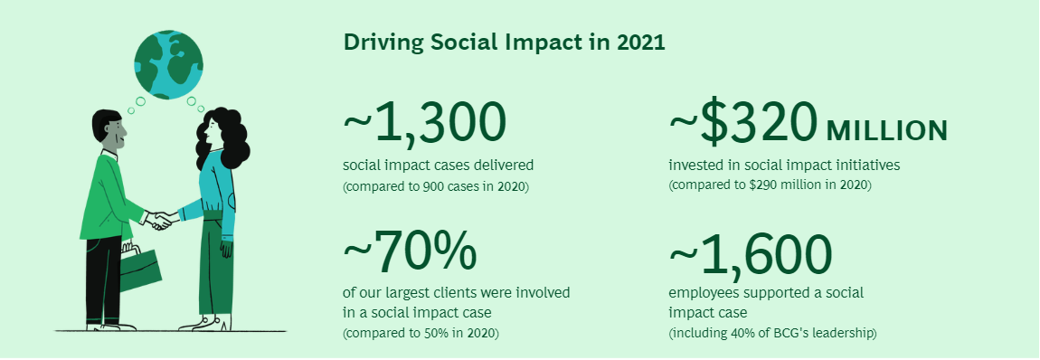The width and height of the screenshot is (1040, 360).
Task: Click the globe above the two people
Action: tap(168, 63)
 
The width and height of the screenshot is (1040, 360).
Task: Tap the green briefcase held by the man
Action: tap(140, 268)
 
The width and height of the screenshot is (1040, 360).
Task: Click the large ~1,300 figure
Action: tap(425, 124)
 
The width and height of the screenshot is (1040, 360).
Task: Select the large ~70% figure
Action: tap(410, 252)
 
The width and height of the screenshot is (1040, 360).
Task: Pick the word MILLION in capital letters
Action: tap(887, 131)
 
